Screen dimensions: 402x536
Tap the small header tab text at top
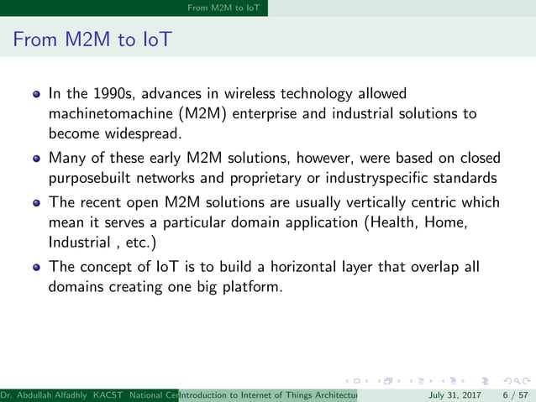point(224,8)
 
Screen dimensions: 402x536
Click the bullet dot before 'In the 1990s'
point(37,93)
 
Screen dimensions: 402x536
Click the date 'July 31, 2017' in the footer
point(455,394)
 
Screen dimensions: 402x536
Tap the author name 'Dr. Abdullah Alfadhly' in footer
point(43,394)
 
